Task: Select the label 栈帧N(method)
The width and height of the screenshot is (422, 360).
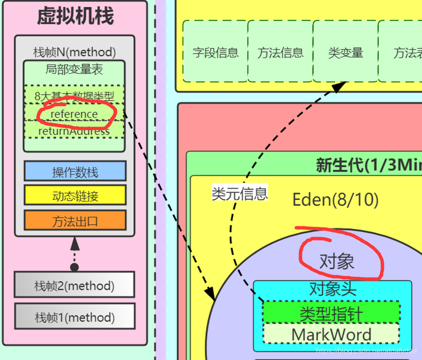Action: pyautogui.click(x=74, y=52)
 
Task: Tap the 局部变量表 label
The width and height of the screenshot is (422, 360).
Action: pyautogui.click(x=74, y=70)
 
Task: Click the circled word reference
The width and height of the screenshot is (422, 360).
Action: pyautogui.click(x=74, y=114)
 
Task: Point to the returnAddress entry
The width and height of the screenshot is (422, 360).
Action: pyautogui.click(x=74, y=131)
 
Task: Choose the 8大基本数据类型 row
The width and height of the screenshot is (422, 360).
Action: pyautogui.click(x=74, y=96)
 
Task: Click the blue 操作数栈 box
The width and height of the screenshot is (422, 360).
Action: pyautogui.click(x=75, y=171)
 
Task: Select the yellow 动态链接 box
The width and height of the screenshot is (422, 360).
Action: pyautogui.click(x=75, y=195)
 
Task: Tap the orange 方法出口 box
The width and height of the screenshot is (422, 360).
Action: pyautogui.click(x=75, y=221)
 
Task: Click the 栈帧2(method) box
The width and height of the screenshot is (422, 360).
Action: pyautogui.click(x=74, y=286)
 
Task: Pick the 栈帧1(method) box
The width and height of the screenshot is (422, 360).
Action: pyautogui.click(x=74, y=317)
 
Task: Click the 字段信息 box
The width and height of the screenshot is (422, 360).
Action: pyautogui.click(x=215, y=52)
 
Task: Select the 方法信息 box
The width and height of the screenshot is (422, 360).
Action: pyautogui.click(x=280, y=52)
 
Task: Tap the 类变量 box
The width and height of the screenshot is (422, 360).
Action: pyautogui.click(x=345, y=52)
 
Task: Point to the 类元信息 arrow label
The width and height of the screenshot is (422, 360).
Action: pyautogui.click(x=240, y=193)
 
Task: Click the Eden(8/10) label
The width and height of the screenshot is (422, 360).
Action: pyautogui.click(x=335, y=200)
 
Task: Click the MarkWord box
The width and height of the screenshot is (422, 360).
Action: pyautogui.click(x=331, y=334)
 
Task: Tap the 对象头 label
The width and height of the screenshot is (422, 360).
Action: pyautogui.click(x=333, y=289)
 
